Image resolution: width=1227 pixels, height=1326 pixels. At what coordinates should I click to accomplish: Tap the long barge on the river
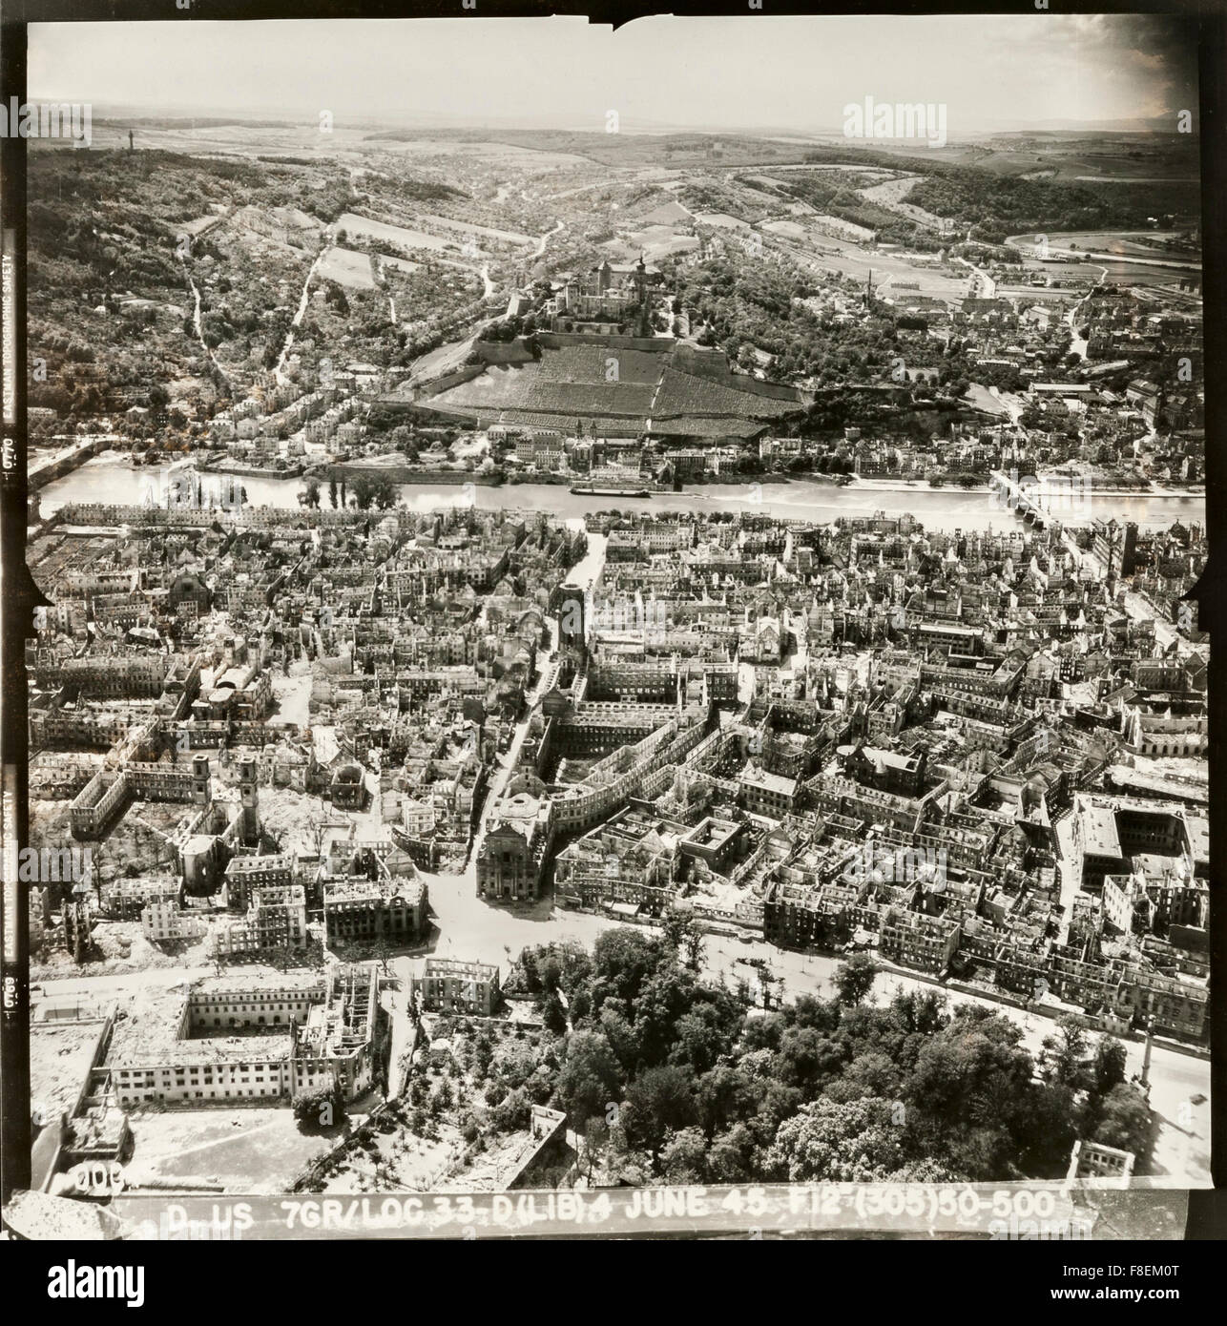pyautogui.click(x=611, y=491)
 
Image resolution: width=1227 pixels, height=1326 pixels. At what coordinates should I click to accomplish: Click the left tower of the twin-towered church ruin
pyautogui.click(x=201, y=778)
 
